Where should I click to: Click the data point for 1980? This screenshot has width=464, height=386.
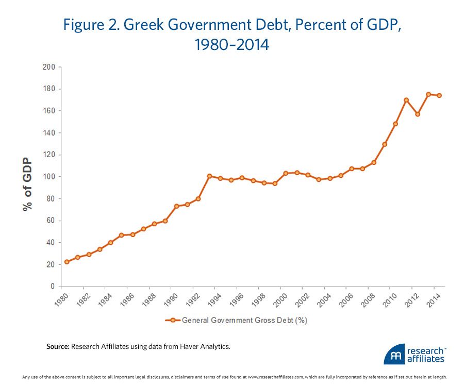67,262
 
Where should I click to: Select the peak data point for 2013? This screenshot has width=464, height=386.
428,94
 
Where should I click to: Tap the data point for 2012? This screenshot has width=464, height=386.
417,114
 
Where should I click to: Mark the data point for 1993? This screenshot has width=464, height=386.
209,176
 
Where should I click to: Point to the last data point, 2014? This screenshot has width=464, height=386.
439,95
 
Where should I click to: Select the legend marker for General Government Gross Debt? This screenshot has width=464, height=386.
173,320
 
